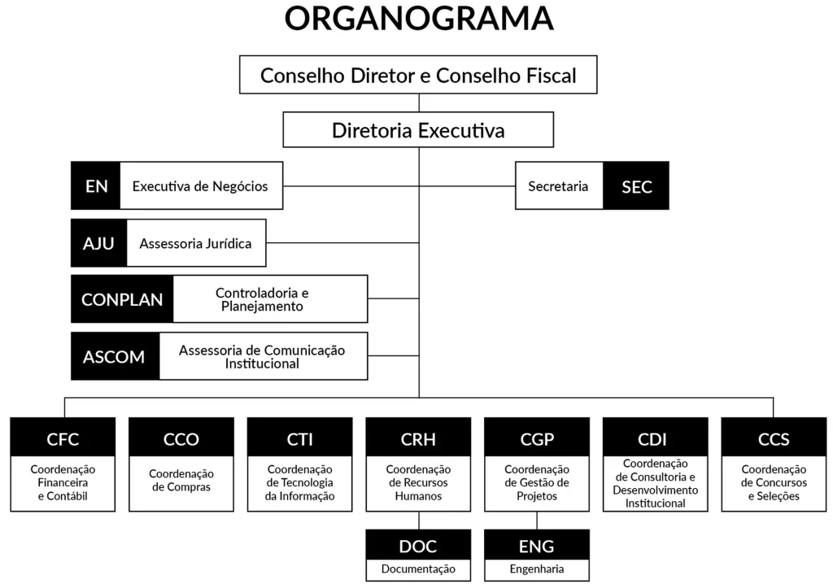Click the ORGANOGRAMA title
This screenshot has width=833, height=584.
tap(419, 19)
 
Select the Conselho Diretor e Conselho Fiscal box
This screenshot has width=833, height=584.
tap(418, 76)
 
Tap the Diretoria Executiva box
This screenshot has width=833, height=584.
tap(418, 130)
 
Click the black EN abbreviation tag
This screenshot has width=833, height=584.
tap(96, 185)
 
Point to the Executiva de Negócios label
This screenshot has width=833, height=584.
tap(200, 186)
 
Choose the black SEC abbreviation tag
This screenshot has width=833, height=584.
tap(636, 186)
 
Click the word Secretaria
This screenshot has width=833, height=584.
tap(558, 186)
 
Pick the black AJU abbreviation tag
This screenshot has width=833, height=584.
tap(98, 242)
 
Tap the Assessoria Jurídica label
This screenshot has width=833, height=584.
tap(195, 243)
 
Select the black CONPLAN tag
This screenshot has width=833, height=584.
tap(122, 299)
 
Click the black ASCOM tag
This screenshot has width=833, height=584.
tap(115, 356)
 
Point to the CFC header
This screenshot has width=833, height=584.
tap(63, 439)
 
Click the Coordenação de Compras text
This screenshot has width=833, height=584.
tap(181, 480)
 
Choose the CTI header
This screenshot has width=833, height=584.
tap(299, 439)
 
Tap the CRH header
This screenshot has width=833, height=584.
tap(418, 439)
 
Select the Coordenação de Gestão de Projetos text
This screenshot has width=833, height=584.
tap(537, 482)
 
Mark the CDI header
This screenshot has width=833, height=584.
tap(655, 439)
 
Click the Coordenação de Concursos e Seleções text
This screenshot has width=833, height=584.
tap(774, 482)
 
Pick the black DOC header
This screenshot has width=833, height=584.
tap(418, 546)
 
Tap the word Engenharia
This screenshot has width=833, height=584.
tap(537, 569)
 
